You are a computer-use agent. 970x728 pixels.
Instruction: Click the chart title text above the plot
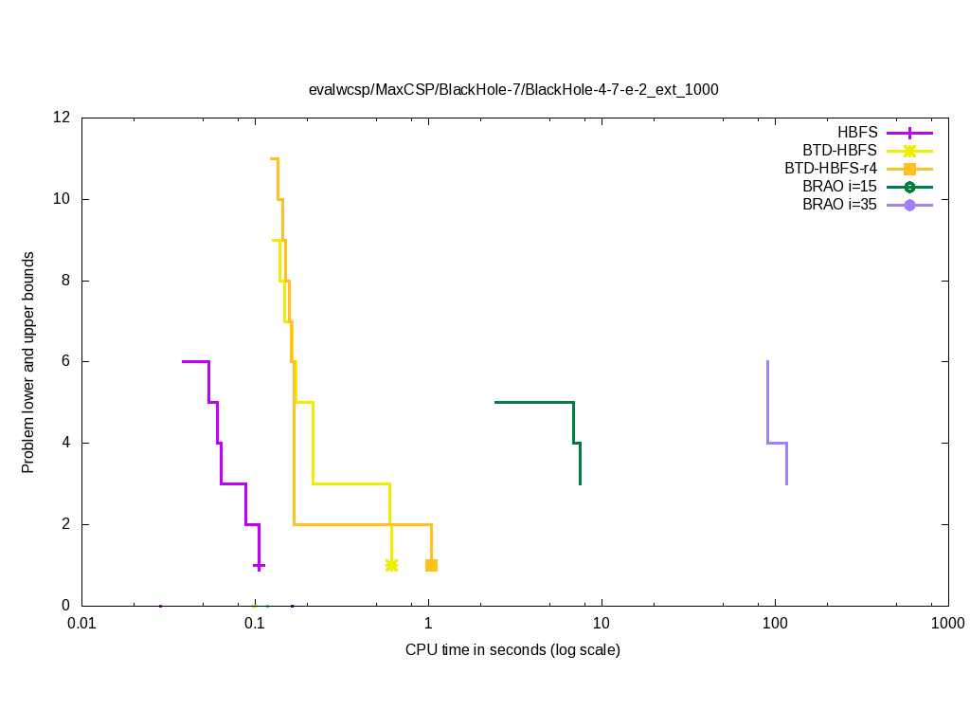513,90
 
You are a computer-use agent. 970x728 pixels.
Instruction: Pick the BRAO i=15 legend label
839,186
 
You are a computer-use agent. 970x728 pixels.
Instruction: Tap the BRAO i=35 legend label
839,204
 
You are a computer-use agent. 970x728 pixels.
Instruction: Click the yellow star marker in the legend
909,150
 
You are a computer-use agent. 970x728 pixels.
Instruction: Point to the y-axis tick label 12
63,118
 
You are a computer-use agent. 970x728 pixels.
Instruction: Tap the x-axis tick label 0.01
81,624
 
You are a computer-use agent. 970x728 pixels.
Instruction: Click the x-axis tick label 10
601,624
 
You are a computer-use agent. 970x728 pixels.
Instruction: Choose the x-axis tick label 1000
947,624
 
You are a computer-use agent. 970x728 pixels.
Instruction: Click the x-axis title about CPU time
512,650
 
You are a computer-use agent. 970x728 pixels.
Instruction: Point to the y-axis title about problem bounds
29,362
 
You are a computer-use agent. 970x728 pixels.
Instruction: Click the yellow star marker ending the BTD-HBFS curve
392,565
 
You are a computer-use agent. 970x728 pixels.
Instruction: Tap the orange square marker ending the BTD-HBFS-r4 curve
431,565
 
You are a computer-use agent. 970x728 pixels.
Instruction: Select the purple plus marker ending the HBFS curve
259,565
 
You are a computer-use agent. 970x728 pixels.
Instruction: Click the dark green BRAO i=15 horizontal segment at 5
533,402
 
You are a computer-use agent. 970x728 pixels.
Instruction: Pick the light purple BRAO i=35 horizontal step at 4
777,443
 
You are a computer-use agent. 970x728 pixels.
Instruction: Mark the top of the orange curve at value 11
274,158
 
